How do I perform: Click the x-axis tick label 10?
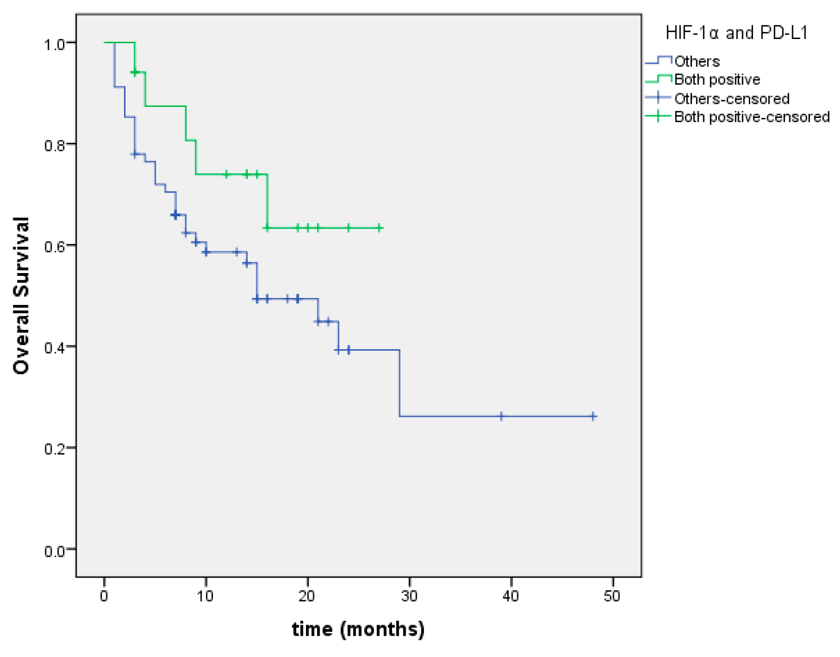pyautogui.click(x=205, y=596)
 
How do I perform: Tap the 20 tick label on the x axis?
pyautogui.click(x=307, y=596)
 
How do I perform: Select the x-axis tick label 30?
pyautogui.click(x=409, y=596)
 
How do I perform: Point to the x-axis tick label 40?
pyautogui.click(x=510, y=596)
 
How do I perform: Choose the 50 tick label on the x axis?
pyautogui.click(x=612, y=596)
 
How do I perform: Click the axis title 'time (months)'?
pyautogui.click(x=358, y=629)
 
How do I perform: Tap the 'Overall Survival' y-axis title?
pyautogui.click(x=22, y=296)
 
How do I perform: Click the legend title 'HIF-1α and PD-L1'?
pyautogui.click(x=737, y=33)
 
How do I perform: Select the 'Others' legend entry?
pyautogui.click(x=697, y=62)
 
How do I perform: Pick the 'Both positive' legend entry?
pyautogui.click(x=717, y=80)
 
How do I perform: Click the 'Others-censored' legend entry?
pyautogui.click(x=731, y=99)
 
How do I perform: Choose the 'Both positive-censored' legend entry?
pyautogui.click(x=752, y=117)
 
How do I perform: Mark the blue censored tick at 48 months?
pyautogui.click(x=593, y=416)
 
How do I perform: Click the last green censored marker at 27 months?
pyautogui.click(x=379, y=228)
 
